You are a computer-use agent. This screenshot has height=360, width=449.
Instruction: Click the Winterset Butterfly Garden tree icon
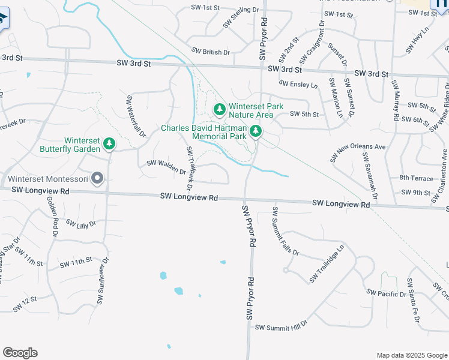coord(109,143)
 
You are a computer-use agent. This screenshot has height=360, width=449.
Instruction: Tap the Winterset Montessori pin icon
coord(97,178)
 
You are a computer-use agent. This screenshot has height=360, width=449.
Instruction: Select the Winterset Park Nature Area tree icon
coord(220,109)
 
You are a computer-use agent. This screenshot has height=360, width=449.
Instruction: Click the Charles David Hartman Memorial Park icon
coord(256,131)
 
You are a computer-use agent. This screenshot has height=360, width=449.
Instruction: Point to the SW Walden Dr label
coord(166,167)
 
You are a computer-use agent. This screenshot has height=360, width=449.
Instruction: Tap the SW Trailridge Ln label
coord(328,264)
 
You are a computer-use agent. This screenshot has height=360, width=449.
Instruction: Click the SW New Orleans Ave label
coord(358,154)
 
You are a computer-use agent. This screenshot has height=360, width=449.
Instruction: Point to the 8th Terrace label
coord(416,178)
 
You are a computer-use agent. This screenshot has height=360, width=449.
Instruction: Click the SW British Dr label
coord(211,52)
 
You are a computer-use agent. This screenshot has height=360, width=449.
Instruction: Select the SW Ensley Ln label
coord(299,85)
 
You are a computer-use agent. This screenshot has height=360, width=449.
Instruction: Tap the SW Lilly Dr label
coord(81,224)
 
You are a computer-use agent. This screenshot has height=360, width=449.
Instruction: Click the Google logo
coord(20,353)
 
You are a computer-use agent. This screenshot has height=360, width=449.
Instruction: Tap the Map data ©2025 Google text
coord(411,355)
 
